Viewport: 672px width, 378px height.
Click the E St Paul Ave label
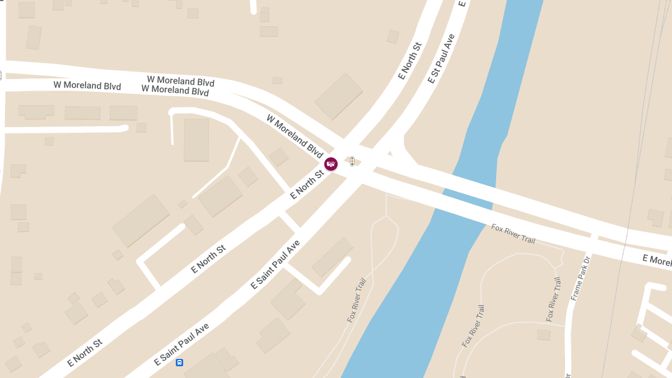click(441, 59)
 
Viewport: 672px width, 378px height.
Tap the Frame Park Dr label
click(581, 278)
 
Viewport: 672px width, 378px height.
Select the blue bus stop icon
click(179, 362)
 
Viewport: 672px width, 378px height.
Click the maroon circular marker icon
click(331, 164)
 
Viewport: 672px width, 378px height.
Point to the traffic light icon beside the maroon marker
click(352, 161)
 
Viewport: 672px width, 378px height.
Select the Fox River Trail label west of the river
click(357, 300)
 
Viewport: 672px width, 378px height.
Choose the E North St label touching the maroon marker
click(307, 185)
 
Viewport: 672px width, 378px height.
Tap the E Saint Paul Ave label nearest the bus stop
click(181, 344)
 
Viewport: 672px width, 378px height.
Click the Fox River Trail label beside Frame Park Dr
click(553, 300)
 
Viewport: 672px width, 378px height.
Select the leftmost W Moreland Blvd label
click(87, 86)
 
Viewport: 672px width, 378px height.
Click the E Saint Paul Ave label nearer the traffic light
click(276, 264)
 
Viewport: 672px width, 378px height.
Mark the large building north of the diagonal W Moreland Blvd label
click(339, 96)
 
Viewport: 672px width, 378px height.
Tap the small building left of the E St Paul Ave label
click(393, 36)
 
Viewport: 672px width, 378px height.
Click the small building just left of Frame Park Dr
click(543, 334)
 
